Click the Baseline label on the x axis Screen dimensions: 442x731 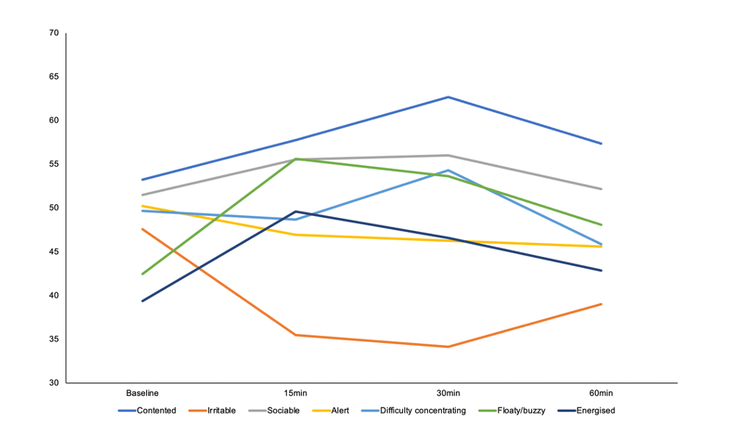(142, 394)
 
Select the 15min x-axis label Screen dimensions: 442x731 (295, 394)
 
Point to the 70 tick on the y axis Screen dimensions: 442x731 (54, 33)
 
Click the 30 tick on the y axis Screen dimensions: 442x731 (54, 383)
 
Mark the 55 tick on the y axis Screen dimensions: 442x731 (54, 164)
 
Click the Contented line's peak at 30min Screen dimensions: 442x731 (448, 97)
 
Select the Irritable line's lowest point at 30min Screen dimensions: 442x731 (448, 347)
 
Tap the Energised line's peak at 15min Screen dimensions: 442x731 (295, 211)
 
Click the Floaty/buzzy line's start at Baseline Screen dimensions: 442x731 (142, 274)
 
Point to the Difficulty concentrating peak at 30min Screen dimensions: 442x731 (448, 170)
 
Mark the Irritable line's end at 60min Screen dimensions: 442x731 (601, 304)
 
